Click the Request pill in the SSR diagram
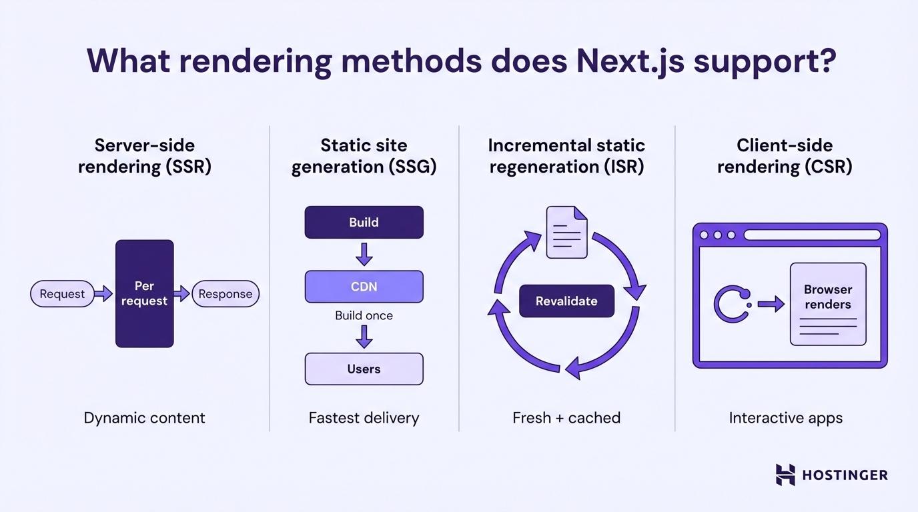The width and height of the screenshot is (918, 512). (62, 294)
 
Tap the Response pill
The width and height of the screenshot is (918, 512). (225, 294)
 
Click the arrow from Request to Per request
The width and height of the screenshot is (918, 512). (103, 293)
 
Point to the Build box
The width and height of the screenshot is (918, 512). (364, 222)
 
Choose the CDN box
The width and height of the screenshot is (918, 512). (364, 287)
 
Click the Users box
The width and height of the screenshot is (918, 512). (364, 369)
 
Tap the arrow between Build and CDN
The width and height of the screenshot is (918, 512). (364, 254)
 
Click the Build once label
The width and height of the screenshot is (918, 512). (364, 315)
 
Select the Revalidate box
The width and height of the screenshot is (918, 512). (566, 301)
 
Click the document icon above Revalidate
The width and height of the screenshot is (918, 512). (566, 232)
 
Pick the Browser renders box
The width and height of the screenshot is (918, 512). (828, 303)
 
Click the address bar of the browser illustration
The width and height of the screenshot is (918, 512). (812, 235)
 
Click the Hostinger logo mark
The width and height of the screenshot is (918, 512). (785, 475)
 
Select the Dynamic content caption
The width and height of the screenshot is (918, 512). (144, 418)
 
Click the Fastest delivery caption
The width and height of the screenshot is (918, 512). (364, 418)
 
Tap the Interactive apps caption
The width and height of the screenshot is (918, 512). (785, 418)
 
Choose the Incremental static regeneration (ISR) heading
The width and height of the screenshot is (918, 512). (566, 155)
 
